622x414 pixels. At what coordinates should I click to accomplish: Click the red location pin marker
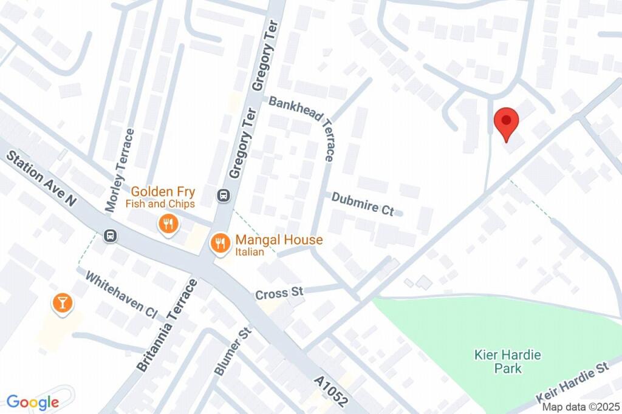coord(506,123)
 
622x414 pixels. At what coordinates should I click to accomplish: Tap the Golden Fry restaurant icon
coord(167,225)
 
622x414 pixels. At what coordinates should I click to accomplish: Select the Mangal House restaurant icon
coord(219,244)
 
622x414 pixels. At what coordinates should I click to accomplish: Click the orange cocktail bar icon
coord(62,303)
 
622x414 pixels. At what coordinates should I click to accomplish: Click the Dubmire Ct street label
coord(363,203)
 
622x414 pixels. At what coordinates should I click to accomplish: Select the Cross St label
coord(279,294)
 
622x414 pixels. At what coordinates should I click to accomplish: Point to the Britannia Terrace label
coord(166,326)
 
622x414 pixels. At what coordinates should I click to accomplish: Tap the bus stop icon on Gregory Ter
coord(223,195)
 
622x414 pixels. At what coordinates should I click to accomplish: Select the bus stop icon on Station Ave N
coord(110,235)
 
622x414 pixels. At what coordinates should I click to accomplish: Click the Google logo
coord(33,402)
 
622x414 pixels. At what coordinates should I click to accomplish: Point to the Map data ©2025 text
coord(581,407)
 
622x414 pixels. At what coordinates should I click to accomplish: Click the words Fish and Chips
coord(160,204)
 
